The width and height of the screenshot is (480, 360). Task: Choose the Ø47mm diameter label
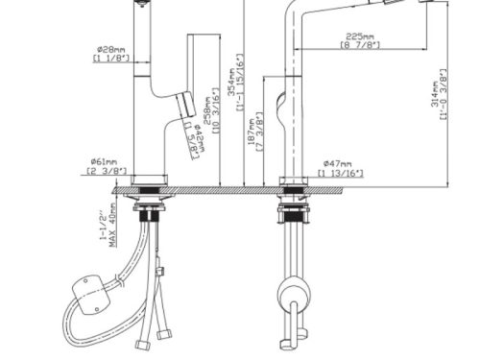[x=338, y=162]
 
